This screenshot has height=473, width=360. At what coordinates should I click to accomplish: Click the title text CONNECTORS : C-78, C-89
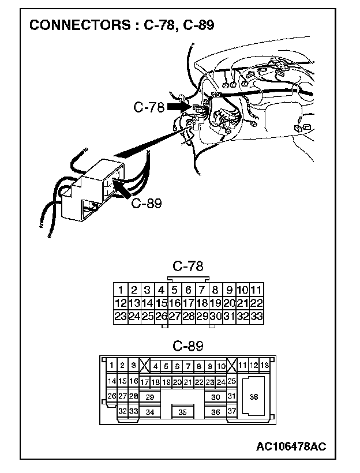pos(125,25)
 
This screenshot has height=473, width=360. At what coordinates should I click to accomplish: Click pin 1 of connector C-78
pos(120,290)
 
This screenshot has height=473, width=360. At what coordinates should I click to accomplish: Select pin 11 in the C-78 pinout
pos(257,290)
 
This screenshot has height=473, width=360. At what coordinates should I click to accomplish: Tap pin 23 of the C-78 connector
pos(120,316)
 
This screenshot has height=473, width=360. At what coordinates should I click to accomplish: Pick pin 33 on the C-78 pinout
pos(257,316)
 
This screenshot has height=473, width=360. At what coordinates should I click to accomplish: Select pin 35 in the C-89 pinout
pos(182,412)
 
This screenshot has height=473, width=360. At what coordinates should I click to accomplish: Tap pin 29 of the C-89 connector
pos(149,397)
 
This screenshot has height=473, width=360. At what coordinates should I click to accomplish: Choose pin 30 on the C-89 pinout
pos(215,397)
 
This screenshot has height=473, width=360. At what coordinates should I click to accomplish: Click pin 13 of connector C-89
pos(264,365)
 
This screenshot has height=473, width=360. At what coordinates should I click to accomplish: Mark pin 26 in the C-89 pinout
pos(112,396)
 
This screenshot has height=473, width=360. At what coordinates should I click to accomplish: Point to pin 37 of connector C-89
pos(231,411)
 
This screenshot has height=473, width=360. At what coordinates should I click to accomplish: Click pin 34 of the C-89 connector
pos(149,412)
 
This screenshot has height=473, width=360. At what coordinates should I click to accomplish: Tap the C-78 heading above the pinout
pos(187,266)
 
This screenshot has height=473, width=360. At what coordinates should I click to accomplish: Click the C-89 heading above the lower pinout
pos(187,346)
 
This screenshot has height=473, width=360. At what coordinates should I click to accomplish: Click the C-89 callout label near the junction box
pos(147,202)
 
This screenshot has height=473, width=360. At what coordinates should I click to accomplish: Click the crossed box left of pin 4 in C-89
pos(145,365)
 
